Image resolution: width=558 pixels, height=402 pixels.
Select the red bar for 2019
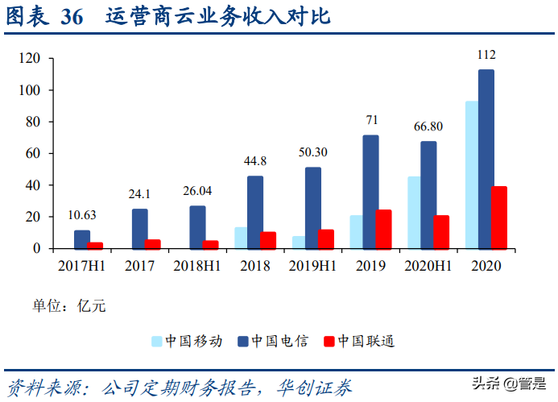coord(383,229)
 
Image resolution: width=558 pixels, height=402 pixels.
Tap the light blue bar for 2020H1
coord(413,212)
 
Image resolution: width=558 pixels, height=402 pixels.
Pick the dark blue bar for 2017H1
coord(82,239)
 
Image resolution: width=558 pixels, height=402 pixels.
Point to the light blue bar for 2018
coord(240,238)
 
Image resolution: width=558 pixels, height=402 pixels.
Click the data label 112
coord(486,55)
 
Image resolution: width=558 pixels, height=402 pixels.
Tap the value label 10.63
coord(83,214)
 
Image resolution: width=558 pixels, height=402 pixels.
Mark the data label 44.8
coord(255,160)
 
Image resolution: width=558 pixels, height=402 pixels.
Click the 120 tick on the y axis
coord(31,58)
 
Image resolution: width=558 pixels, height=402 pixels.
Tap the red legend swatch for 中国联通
coord(328,341)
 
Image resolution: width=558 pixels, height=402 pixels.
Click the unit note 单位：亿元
coord(68,305)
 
